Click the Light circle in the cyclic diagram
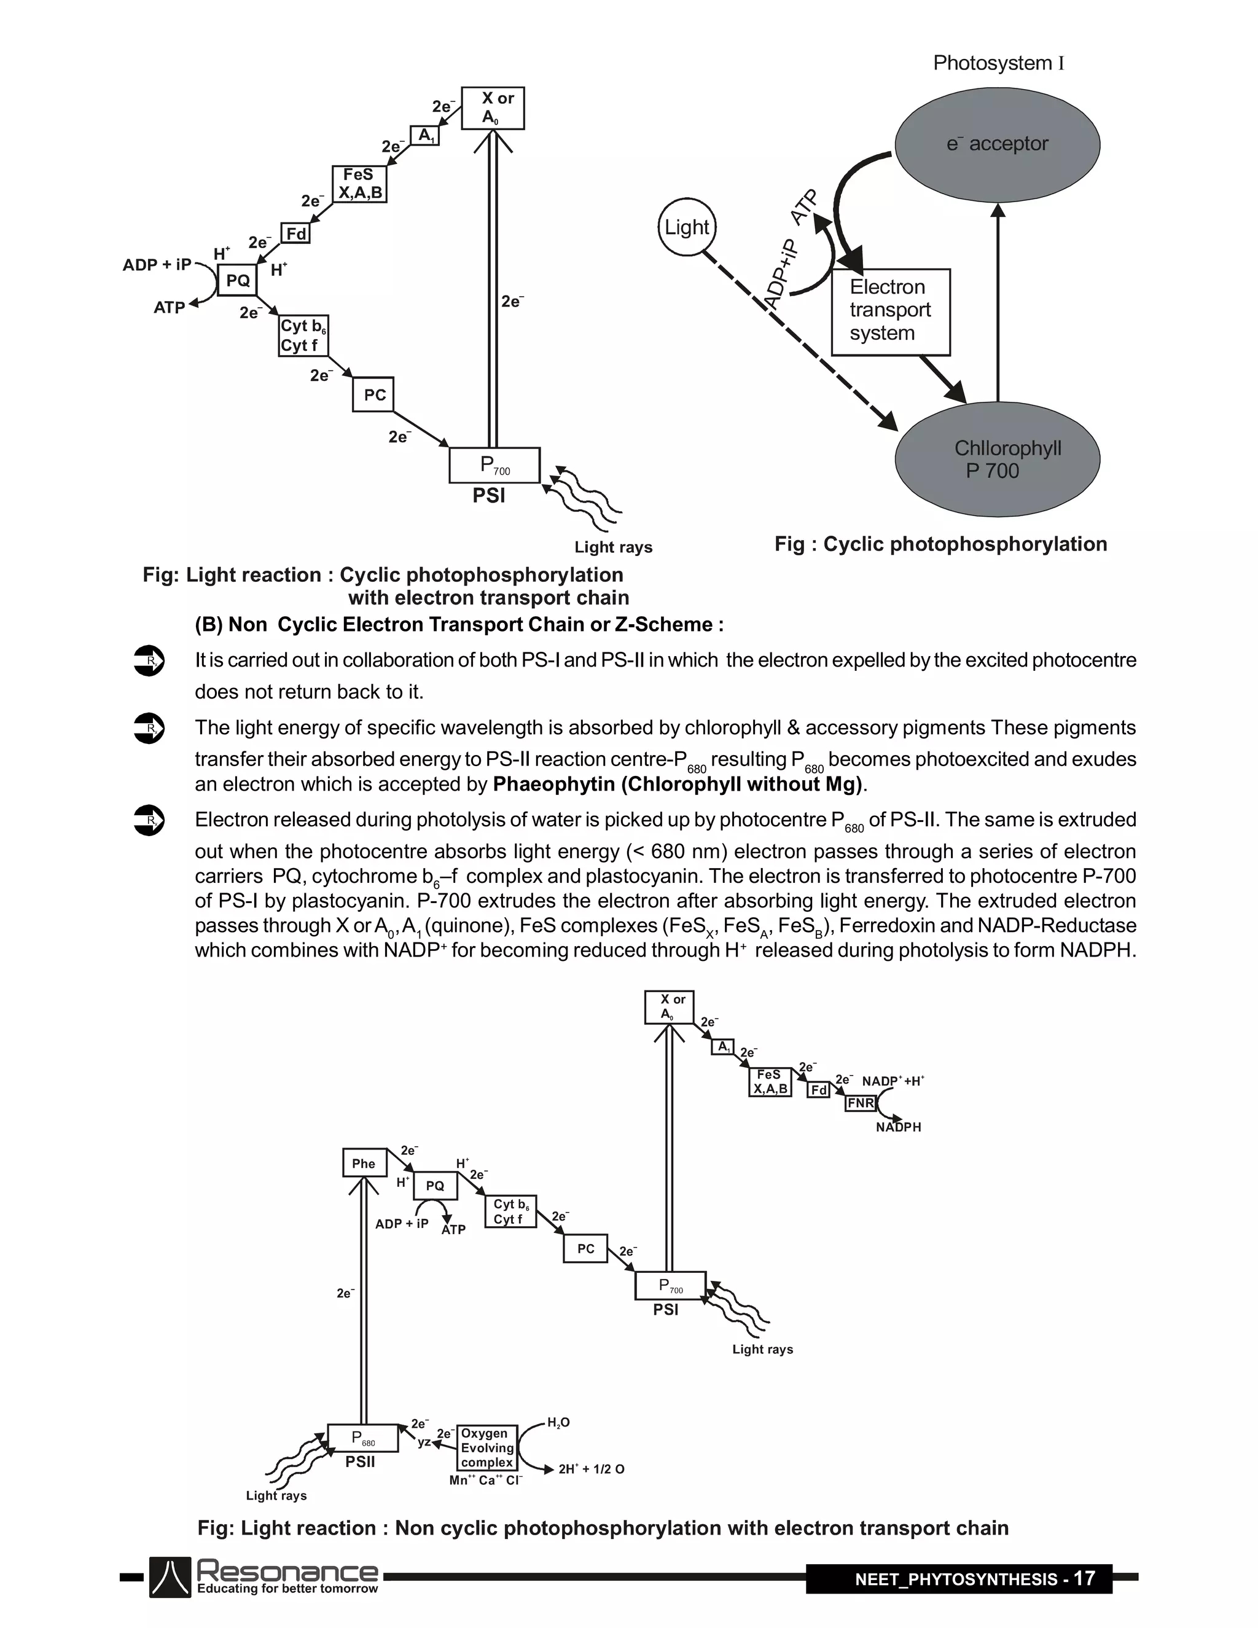(686, 227)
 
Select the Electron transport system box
(891, 311)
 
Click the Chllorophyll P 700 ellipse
(997, 459)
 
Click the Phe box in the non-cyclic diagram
(364, 1163)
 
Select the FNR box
(860, 1103)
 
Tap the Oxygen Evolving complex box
(486, 1447)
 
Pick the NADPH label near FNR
(898, 1127)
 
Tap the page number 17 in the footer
(1084, 1578)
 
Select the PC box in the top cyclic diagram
(373, 394)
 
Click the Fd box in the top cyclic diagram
(296, 234)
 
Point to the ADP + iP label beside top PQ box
(157, 265)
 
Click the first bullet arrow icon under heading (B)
(148, 660)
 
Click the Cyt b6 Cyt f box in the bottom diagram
(510, 1211)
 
